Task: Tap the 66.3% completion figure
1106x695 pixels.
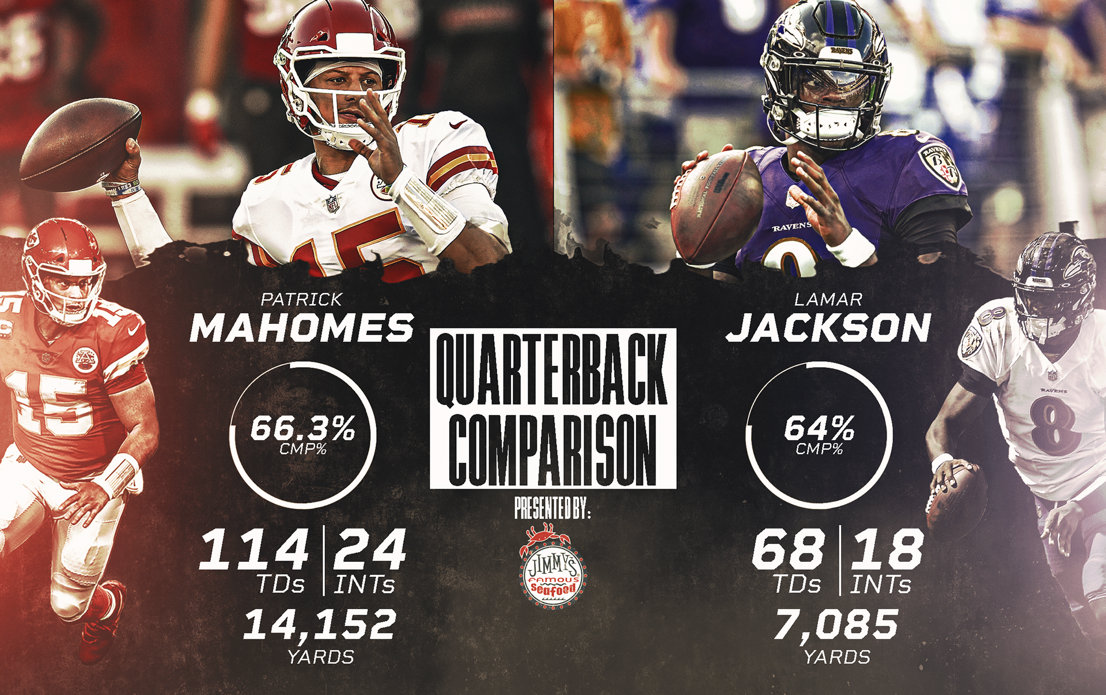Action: tap(303, 429)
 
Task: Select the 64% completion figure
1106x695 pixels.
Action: tap(819, 429)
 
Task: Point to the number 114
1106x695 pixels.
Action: tap(254, 550)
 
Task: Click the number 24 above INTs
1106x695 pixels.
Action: tap(370, 550)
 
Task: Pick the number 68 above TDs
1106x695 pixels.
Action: tap(788, 550)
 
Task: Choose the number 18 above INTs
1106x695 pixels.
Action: tap(887, 550)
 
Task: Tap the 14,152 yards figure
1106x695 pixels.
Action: tap(320, 625)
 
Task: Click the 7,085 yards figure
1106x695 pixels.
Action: tap(836, 625)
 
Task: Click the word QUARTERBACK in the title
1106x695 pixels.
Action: tap(552, 369)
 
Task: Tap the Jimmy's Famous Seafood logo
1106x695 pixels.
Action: tap(552, 568)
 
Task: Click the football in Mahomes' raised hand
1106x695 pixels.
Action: tap(80, 145)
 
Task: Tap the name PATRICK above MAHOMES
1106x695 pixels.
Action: tap(301, 300)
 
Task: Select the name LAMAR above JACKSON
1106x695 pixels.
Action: tap(828, 300)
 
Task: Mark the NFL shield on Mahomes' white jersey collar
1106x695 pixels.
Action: tap(332, 204)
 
